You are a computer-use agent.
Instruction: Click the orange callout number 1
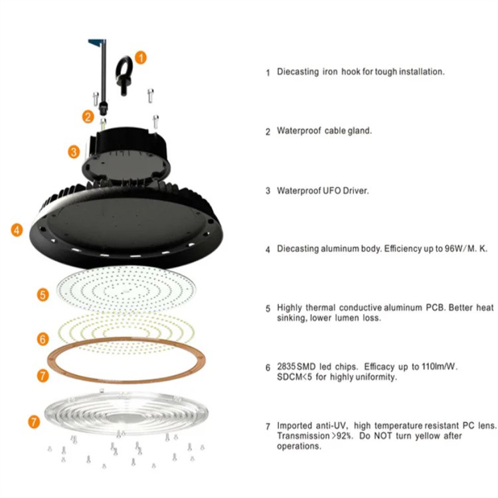coord(141,58)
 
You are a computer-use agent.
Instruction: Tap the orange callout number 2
coord(88,117)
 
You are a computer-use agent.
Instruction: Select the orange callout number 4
coord(17,230)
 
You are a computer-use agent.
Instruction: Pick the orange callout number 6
coord(43,339)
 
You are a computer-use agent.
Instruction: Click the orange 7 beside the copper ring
coord(43,376)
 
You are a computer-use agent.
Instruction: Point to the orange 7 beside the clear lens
coord(34,422)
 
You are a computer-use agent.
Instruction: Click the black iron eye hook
coord(124,76)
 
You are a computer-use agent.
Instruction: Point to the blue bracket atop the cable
coord(96,42)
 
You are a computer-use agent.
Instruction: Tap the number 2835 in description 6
coord(286,367)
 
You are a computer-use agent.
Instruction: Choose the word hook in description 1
coord(351,72)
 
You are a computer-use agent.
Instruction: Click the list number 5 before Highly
coord(268,308)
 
